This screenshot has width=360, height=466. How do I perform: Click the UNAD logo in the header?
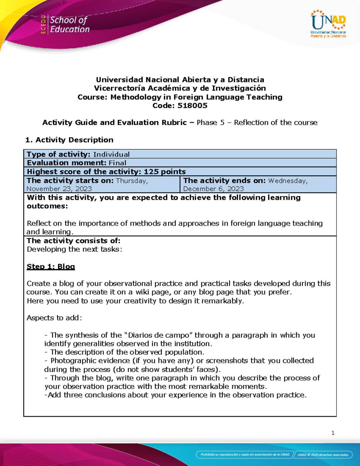[x=328, y=24]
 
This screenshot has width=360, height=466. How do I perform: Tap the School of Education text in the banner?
[x=70, y=25]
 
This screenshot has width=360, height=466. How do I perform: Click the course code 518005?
[x=192, y=106]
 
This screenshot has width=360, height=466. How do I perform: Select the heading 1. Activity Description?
[x=69, y=140]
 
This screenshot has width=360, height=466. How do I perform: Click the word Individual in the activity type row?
[x=111, y=155]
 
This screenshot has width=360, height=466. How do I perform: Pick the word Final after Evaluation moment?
[x=117, y=163]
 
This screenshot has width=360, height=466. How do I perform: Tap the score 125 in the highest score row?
[x=151, y=172]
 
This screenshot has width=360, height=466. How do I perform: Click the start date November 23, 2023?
[x=59, y=189]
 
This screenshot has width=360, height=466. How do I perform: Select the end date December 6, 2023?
[x=213, y=189]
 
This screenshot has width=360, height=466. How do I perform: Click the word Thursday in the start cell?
[x=132, y=181]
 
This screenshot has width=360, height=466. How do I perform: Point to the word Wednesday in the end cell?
[x=288, y=181]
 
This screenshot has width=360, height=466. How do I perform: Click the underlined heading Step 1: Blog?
[x=51, y=266]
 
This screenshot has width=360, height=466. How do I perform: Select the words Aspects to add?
[x=54, y=318]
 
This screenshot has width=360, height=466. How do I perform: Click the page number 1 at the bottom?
[x=333, y=433]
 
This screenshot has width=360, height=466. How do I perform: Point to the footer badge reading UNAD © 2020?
[x=323, y=455]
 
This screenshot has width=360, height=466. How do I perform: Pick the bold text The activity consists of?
[x=73, y=241]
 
